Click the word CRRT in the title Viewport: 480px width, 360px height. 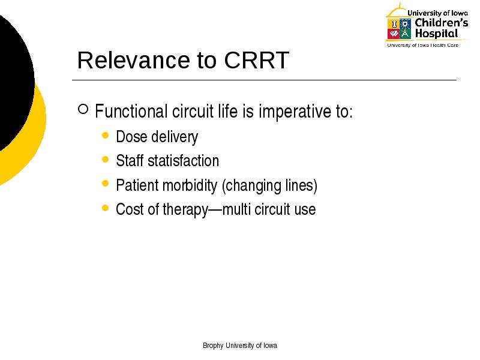click(257, 60)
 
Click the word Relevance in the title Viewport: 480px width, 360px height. click(133, 60)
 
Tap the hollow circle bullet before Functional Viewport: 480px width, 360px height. click(83, 109)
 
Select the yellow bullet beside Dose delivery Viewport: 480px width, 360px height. click(106, 136)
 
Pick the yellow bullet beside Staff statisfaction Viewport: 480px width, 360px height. click(106, 160)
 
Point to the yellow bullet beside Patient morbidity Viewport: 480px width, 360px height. click(106, 184)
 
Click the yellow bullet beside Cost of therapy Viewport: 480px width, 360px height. click(106, 208)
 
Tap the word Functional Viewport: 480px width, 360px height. click(131, 111)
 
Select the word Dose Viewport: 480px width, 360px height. click(131, 137)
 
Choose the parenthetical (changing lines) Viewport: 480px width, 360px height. click(269, 186)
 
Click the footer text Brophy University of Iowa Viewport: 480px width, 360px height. click(240, 346)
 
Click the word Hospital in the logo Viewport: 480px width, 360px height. click(437, 34)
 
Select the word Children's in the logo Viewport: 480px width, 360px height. click(442, 23)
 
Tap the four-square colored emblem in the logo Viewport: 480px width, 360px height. click(399, 29)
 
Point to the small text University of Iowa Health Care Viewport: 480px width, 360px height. click(423, 46)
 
